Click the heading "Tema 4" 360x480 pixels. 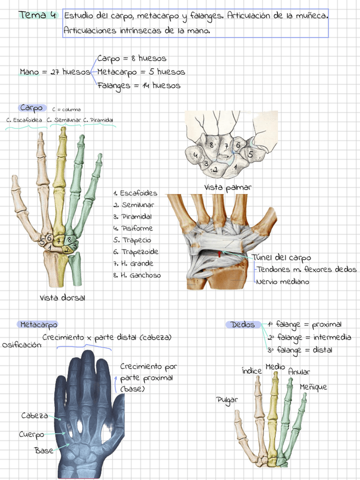tap(37, 15)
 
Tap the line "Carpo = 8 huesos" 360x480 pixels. tap(131, 58)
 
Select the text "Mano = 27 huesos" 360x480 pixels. tap(55, 72)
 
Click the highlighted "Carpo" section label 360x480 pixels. tap(31, 108)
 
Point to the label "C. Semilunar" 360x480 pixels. tap(64, 120)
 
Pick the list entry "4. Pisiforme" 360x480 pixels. tap(132, 229)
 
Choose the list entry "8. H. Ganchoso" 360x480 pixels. tap(136, 276)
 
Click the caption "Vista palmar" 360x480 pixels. tap(228, 187)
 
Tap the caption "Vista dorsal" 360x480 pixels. tap(62, 298)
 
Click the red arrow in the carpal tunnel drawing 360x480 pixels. tap(220, 255)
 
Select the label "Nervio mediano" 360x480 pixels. tap(283, 281)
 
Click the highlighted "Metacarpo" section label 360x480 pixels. tap(38, 325)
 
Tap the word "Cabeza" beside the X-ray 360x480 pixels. tap(35, 416)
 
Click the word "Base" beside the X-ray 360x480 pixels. tap(44, 451)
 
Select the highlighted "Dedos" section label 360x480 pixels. tap(243, 325)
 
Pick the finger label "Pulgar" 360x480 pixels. tap(227, 400)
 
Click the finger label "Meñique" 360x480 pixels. tap(314, 387)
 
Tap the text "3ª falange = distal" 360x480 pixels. tap(300, 350)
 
